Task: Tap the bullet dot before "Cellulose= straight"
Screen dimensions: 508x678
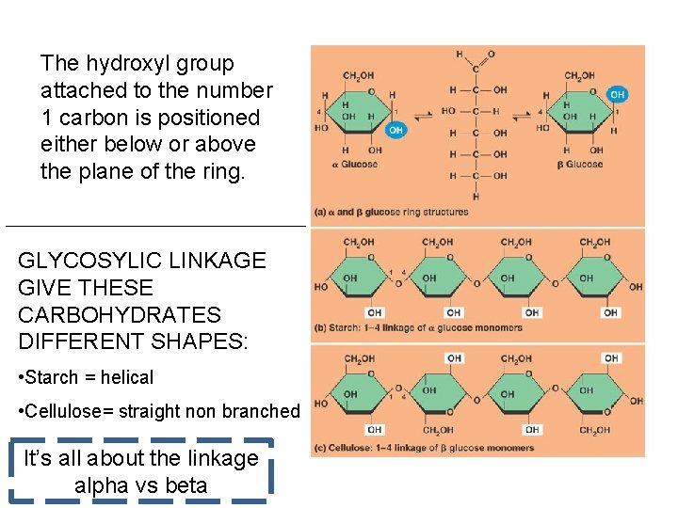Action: pos(22,411)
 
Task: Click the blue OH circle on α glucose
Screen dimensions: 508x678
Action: pos(395,130)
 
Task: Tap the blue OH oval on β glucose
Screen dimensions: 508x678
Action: pos(617,95)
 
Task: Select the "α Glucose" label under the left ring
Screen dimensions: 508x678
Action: pos(355,165)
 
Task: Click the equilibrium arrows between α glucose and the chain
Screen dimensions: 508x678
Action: pos(423,111)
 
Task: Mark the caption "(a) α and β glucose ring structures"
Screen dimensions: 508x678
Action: pos(391,212)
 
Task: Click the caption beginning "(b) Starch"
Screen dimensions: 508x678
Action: pos(418,328)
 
